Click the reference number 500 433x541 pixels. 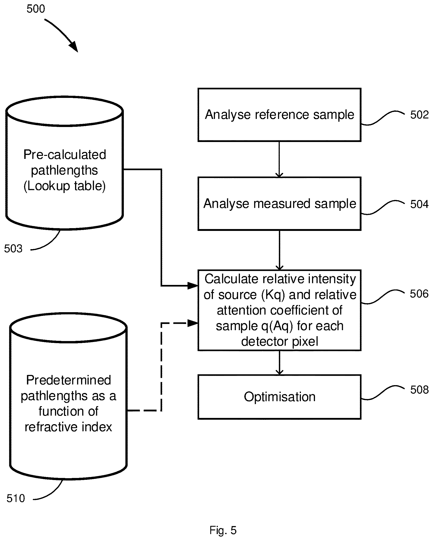36,9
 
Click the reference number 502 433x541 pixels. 419,115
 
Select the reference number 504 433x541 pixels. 419,204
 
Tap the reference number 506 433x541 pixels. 419,293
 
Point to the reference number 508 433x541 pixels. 419,390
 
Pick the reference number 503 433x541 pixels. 13,249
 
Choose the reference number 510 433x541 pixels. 16,498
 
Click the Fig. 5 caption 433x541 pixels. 223,530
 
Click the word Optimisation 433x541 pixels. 279,397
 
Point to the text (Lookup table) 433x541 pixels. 64,186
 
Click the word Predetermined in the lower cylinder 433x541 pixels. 69,380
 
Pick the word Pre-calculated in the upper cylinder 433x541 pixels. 65,154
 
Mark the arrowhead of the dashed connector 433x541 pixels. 193,323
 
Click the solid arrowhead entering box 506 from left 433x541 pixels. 193,286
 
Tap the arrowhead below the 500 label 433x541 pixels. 73,47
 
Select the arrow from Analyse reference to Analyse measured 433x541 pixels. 279,159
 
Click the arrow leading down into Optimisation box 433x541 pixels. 279,363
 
